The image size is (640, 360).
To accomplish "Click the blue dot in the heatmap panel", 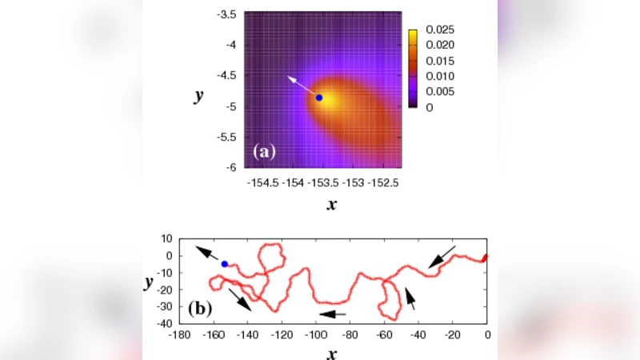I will pyautogui.click(x=319, y=98).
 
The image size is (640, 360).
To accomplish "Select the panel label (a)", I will pyautogui.click(x=265, y=151).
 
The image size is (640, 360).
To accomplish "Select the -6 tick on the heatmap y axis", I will pyautogui.click(x=230, y=167).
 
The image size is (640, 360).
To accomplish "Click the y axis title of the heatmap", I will pyautogui.click(x=198, y=96).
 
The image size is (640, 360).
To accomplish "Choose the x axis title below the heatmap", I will pyautogui.click(x=331, y=206).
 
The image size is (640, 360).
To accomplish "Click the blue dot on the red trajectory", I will pyautogui.click(x=225, y=264).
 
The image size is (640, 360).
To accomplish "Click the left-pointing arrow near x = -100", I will pyautogui.click(x=332, y=314).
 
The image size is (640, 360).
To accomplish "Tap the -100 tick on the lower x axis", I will pyautogui.click(x=317, y=336).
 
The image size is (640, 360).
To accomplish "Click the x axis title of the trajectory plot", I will pyautogui.click(x=331, y=353).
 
